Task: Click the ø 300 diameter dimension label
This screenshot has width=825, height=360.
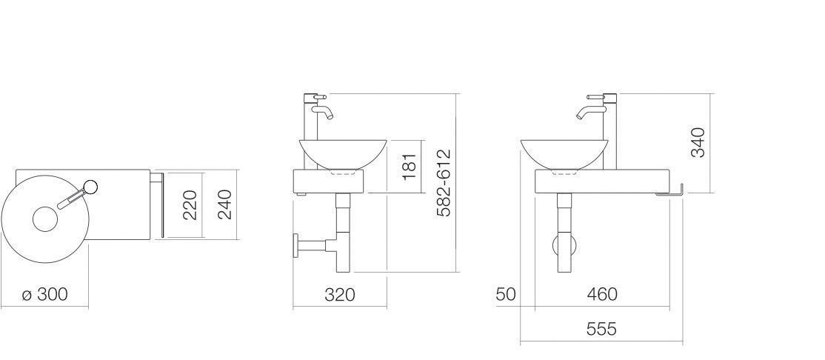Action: point(45,294)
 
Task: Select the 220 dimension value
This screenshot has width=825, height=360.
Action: point(190,204)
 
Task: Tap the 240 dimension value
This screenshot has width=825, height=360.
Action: point(224,204)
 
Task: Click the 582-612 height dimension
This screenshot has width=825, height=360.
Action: point(444,183)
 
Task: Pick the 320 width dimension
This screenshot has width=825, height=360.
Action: point(339,295)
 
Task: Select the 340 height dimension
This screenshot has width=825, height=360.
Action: point(698,143)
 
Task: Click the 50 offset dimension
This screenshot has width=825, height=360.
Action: point(506,294)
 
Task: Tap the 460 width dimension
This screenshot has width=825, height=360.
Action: point(602,294)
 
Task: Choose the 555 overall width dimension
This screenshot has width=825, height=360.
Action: point(601,329)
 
